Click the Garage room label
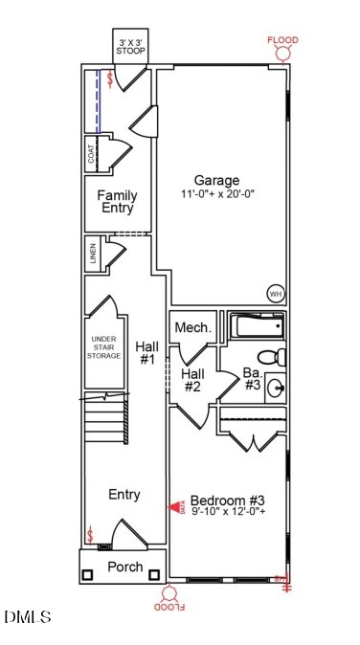coord(216,180)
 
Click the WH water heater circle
coord(276,295)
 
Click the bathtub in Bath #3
coord(257,328)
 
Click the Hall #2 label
coord(191,380)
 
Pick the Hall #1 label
coord(146,353)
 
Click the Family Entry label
coord(117,202)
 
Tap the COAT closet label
coord(92,154)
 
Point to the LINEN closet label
coord(93,255)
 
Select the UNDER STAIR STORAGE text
coord(104,347)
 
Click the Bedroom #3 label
coord(227,500)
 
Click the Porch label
coord(124,567)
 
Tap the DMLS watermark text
coord(28,617)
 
